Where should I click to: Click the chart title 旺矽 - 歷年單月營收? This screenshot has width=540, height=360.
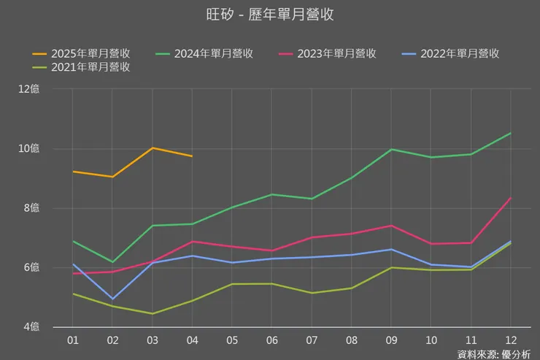pyautogui.click(x=270, y=15)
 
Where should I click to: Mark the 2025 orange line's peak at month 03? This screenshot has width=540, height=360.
pyautogui.click(x=153, y=148)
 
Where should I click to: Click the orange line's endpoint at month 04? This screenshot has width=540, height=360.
pyautogui.click(x=192, y=156)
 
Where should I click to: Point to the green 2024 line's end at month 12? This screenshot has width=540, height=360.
pyautogui.click(x=509, y=134)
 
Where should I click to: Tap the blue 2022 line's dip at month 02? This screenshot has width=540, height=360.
pyautogui.click(x=113, y=299)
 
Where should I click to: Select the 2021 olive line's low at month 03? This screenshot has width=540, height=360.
pyautogui.click(x=153, y=313)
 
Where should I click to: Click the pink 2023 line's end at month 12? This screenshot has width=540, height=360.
pyautogui.click(x=509, y=199)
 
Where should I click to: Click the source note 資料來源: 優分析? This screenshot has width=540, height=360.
pyautogui.click(x=494, y=354)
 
